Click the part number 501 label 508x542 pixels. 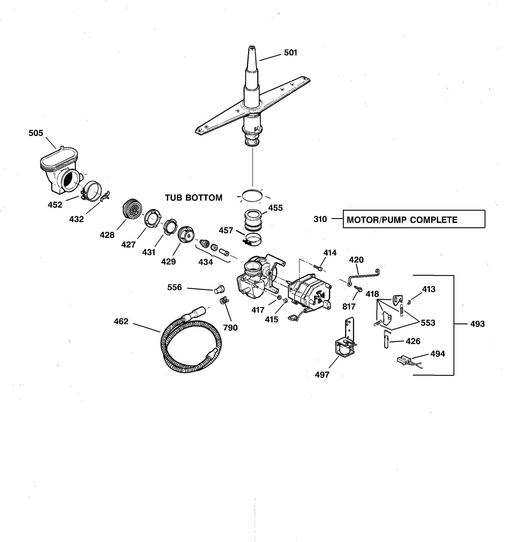(290, 53)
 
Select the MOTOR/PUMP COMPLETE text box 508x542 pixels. (413, 219)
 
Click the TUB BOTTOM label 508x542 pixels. (194, 198)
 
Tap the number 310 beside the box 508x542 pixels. (320, 219)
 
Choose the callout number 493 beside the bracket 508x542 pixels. (477, 324)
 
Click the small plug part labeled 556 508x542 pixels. (219, 289)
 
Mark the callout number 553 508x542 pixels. (428, 323)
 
